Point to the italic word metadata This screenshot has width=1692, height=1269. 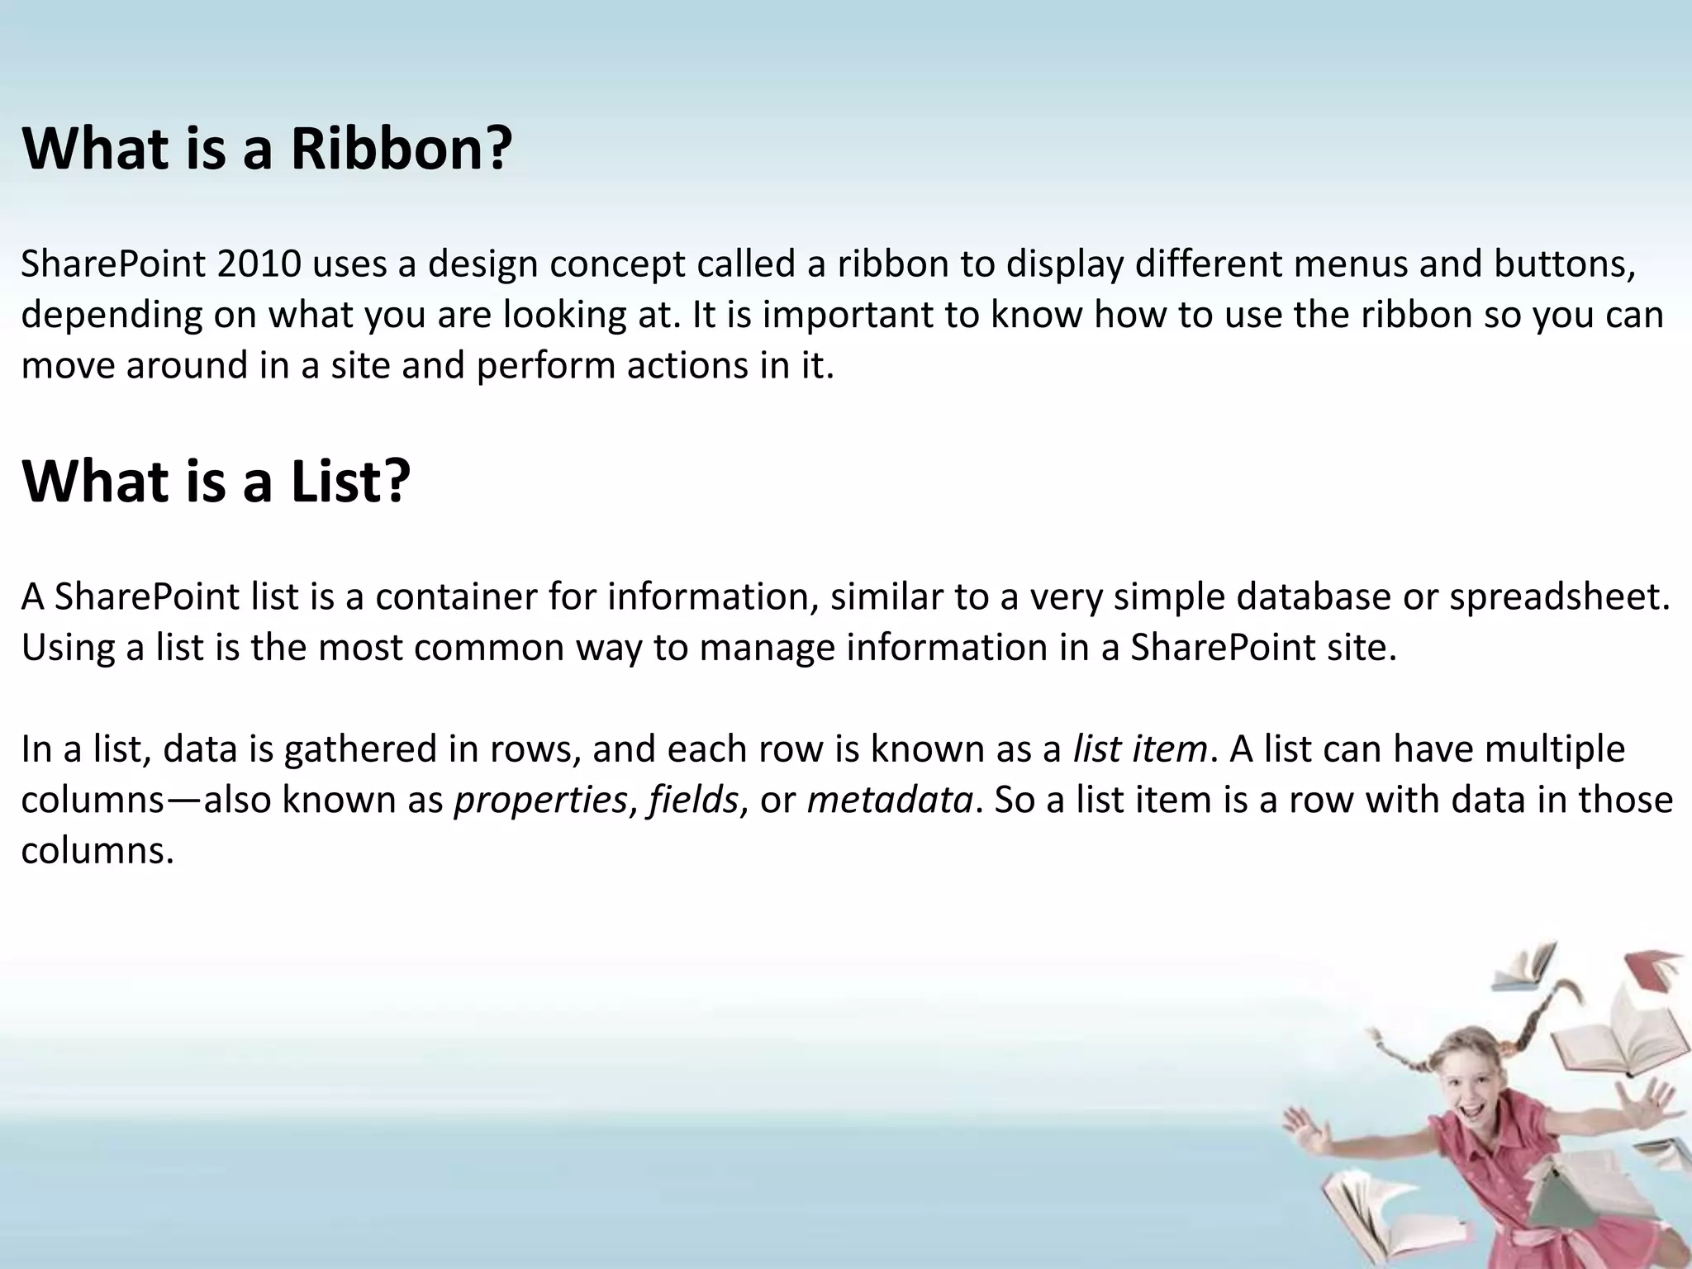890,800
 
